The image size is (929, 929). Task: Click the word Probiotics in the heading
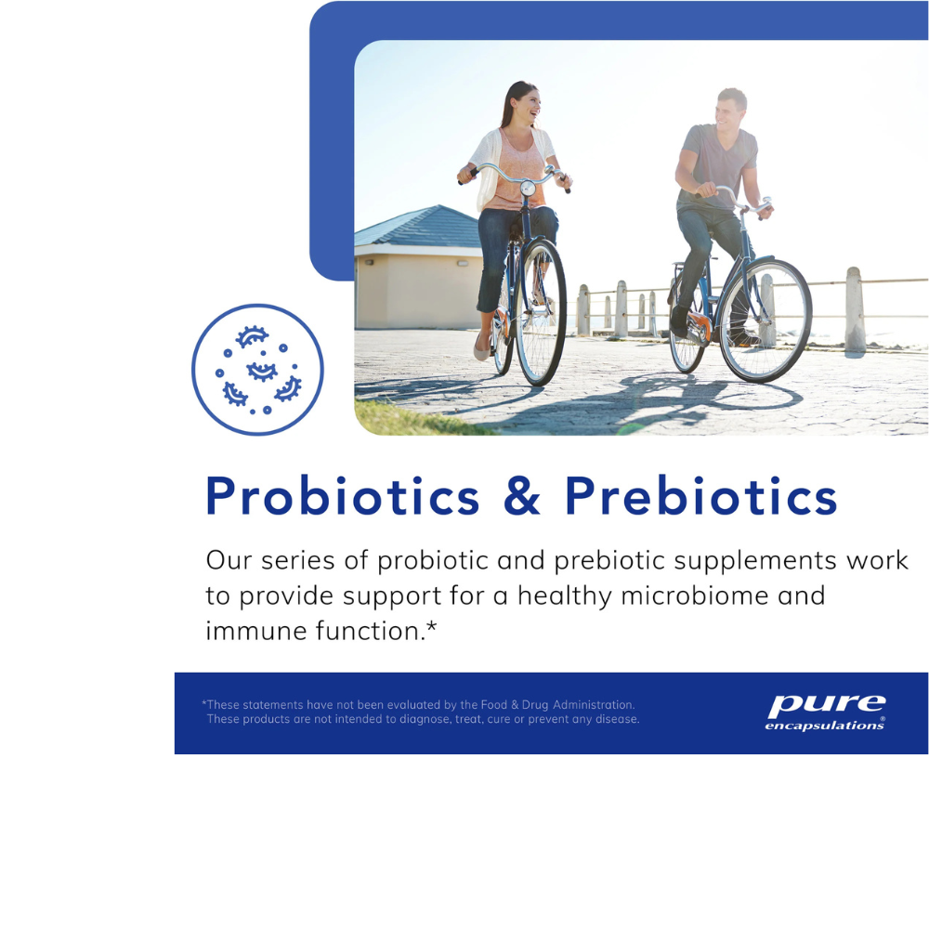(x=342, y=496)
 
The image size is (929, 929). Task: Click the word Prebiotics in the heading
(x=701, y=496)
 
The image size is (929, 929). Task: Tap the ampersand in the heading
(x=522, y=496)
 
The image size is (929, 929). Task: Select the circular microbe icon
(x=257, y=370)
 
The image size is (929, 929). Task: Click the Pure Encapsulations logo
(x=825, y=713)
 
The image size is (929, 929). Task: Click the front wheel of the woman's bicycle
(x=541, y=312)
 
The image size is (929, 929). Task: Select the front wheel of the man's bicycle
(x=765, y=320)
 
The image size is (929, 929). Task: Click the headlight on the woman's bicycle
(x=528, y=189)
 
